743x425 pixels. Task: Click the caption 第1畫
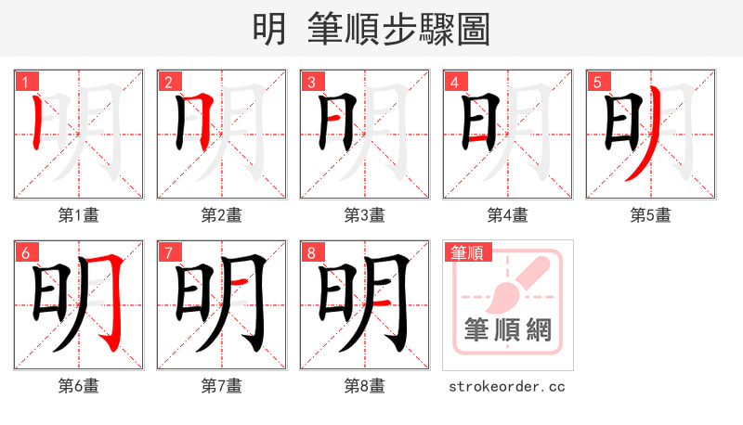click(x=79, y=215)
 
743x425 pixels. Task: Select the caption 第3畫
click(x=365, y=215)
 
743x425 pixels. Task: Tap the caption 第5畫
click(x=651, y=215)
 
